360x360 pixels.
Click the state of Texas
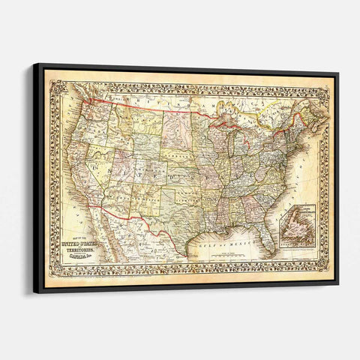[x=180, y=214]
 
